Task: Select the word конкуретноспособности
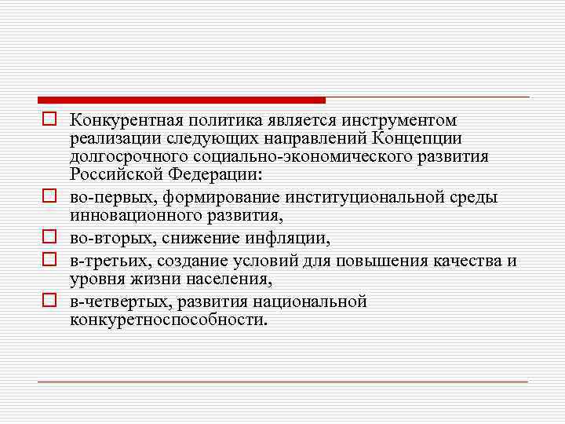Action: pos(167,320)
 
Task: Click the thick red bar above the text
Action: pos(181,100)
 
